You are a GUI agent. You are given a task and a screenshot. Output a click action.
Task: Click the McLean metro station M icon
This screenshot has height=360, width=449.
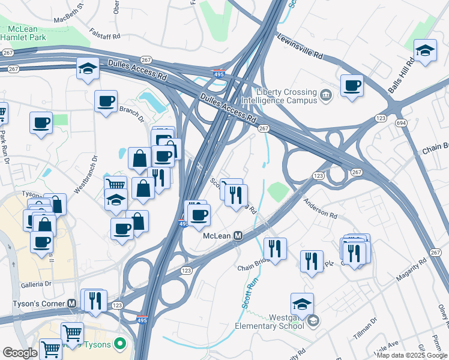point(238,236)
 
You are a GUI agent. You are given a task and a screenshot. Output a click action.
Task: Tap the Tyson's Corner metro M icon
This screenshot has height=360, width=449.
point(72,304)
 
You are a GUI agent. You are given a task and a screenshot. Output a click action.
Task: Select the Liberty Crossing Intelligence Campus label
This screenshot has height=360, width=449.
point(286,96)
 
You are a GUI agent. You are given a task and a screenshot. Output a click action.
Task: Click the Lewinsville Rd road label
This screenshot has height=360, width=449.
point(300,46)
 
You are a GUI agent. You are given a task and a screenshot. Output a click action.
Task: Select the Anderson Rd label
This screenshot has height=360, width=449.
point(320,209)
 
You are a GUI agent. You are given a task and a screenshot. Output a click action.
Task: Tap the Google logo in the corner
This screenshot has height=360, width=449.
point(20,353)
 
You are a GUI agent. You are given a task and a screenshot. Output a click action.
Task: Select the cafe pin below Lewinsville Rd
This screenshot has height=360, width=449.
point(352,85)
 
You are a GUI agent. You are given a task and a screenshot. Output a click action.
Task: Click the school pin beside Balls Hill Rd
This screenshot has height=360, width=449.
point(425,51)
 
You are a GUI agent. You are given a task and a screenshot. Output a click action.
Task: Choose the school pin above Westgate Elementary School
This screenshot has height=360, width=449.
point(302,303)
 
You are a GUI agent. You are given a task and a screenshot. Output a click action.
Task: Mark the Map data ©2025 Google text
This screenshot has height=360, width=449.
point(412,355)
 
